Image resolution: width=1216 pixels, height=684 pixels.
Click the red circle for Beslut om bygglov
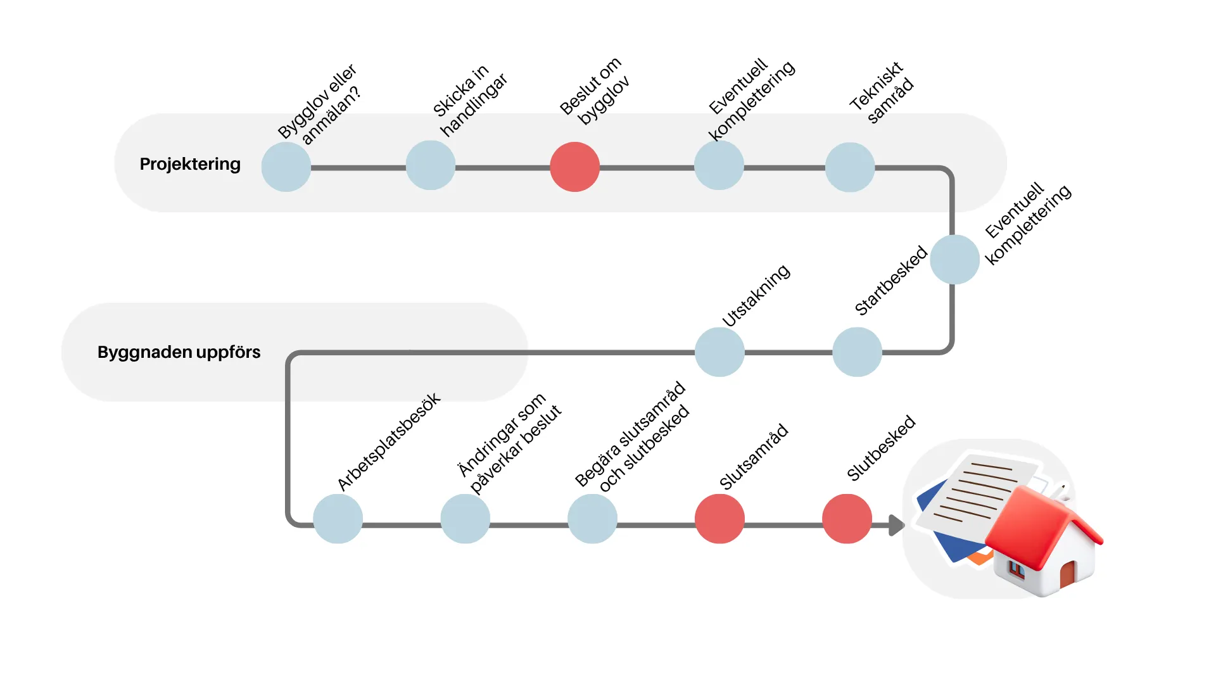pos(574,167)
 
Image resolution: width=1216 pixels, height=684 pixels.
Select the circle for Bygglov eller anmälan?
pos(286,167)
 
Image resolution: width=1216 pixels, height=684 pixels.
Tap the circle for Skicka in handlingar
pos(431,166)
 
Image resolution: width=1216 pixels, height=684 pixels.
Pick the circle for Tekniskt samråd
pos(850,167)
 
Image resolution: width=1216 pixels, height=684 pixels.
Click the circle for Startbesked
pos(857,352)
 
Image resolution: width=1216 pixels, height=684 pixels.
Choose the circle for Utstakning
pos(719,352)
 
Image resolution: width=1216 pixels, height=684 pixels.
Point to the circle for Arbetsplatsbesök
pos(338,519)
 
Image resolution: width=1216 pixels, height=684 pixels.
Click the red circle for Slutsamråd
pos(719,519)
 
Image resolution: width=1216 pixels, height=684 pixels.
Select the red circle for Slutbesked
pos(847,519)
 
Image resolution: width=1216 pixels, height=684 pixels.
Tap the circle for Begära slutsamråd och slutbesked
pos(592,519)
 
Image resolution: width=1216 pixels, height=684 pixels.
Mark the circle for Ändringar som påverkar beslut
pos(465,519)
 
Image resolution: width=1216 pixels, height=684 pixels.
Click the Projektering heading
pos(190,164)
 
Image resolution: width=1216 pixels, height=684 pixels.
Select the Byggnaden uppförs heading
pos(179,352)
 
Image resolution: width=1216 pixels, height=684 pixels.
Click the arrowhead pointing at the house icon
pos(896,525)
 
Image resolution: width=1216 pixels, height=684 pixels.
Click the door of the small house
pos(1067,573)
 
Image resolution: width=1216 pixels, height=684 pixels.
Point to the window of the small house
pos(1016,569)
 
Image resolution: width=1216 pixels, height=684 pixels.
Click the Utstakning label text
pos(756,296)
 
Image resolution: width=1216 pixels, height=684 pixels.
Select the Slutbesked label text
pos(881,448)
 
